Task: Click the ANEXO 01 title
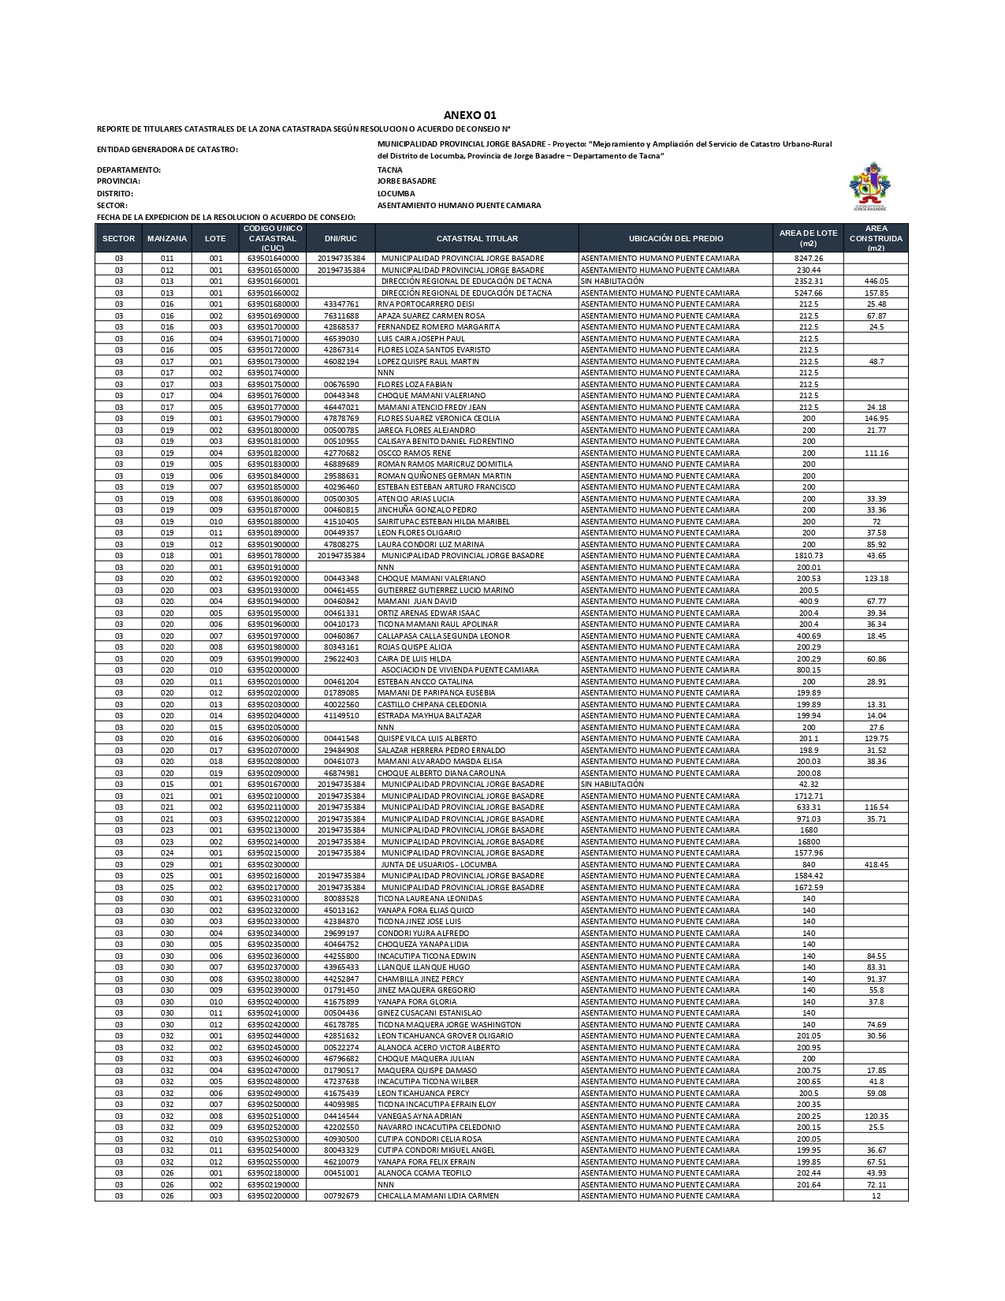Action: (470, 115)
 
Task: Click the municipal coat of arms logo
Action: (869, 187)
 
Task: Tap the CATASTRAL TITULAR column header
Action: (477, 238)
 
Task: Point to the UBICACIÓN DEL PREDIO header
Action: (676, 238)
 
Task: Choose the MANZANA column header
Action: (167, 238)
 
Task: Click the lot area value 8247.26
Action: (809, 259)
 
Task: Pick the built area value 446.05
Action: (876, 281)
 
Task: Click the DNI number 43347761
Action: (341, 304)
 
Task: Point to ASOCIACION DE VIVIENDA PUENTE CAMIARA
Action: (460, 670)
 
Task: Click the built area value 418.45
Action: (876, 865)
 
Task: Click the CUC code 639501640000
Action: (273, 259)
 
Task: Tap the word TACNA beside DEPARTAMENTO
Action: (390, 170)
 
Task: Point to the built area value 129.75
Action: (876, 739)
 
